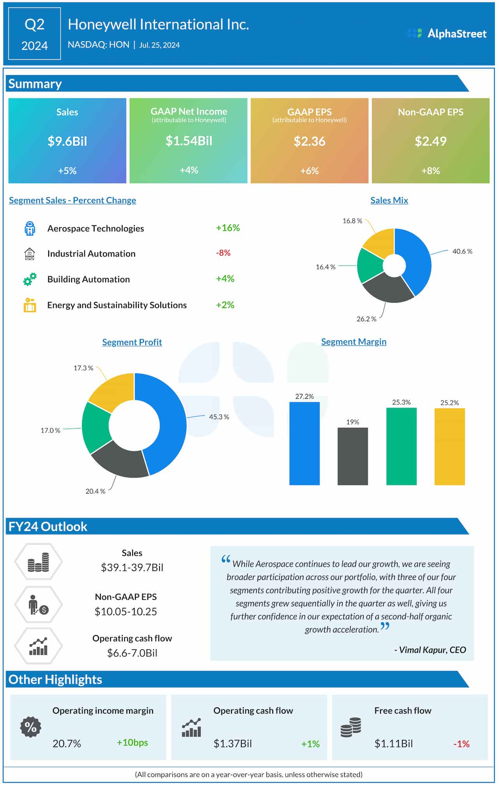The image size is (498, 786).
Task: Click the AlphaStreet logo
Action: click(x=447, y=33)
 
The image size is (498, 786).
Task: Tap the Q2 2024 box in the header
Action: click(x=34, y=34)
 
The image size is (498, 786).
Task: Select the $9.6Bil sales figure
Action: click(x=67, y=141)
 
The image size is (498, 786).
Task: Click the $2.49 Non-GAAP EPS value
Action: click(x=430, y=141)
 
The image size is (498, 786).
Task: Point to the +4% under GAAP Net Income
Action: click(x=189, y=170)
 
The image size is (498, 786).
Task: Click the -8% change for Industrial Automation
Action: click(x=223, y=253)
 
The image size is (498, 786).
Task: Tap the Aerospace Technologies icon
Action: click(x=30, y=228)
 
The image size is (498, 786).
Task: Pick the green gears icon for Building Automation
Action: click(x=30, y=279)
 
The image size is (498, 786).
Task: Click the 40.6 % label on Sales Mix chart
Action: click(x=462, y=251)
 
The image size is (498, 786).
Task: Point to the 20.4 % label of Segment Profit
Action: click(x=95, y=491)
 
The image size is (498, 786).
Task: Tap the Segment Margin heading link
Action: click(x=353, y=341)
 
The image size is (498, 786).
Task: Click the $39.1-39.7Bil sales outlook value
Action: click(x=132, y=567)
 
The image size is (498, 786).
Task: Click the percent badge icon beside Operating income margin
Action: click(x=30, y=727)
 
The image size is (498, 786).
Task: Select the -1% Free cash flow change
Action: click(x=461, y=744)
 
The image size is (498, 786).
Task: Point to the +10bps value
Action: click(x=132, y=742)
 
